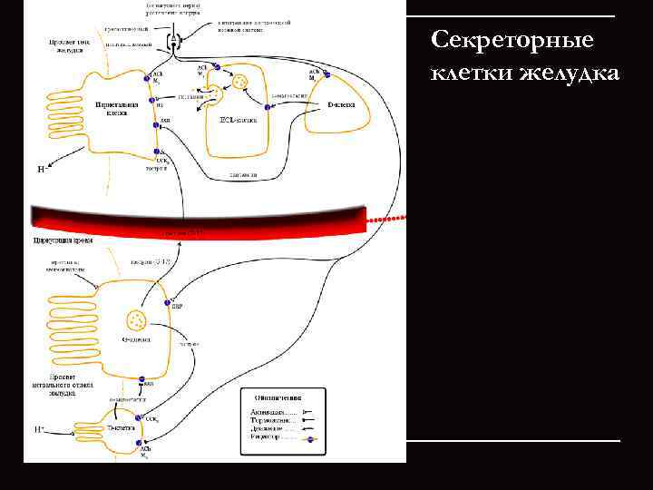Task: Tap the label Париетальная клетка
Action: (117, 109)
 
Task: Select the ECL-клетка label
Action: (239, 118)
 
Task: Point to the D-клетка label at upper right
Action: (341, 105)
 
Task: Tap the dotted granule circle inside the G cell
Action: (137, 319)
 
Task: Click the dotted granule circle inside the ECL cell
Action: (240, 83)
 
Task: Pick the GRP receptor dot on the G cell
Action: (169, 299)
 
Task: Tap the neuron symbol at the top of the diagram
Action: (177, 41)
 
